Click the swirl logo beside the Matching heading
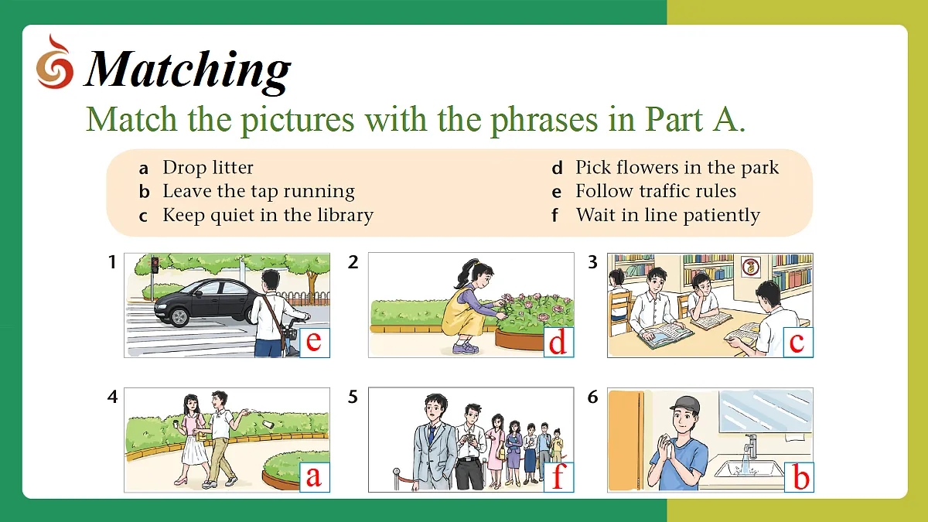(55, 62)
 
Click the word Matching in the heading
(188, 70)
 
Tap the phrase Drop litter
(207, 167)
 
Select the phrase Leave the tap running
(258, 192)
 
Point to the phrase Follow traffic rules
(656, 191)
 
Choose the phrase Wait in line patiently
(668, 216)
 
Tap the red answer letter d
(558, 343)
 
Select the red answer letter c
(797, 343)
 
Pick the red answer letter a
(314, 477)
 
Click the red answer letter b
(801, 476)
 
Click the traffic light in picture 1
(155, 265)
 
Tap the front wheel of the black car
(179, 317)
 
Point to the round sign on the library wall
(751, 267)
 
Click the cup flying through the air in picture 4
(268, 425)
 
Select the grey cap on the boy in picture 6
(685, 404)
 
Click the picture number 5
(353, 397)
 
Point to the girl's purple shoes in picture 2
(466, 347)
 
